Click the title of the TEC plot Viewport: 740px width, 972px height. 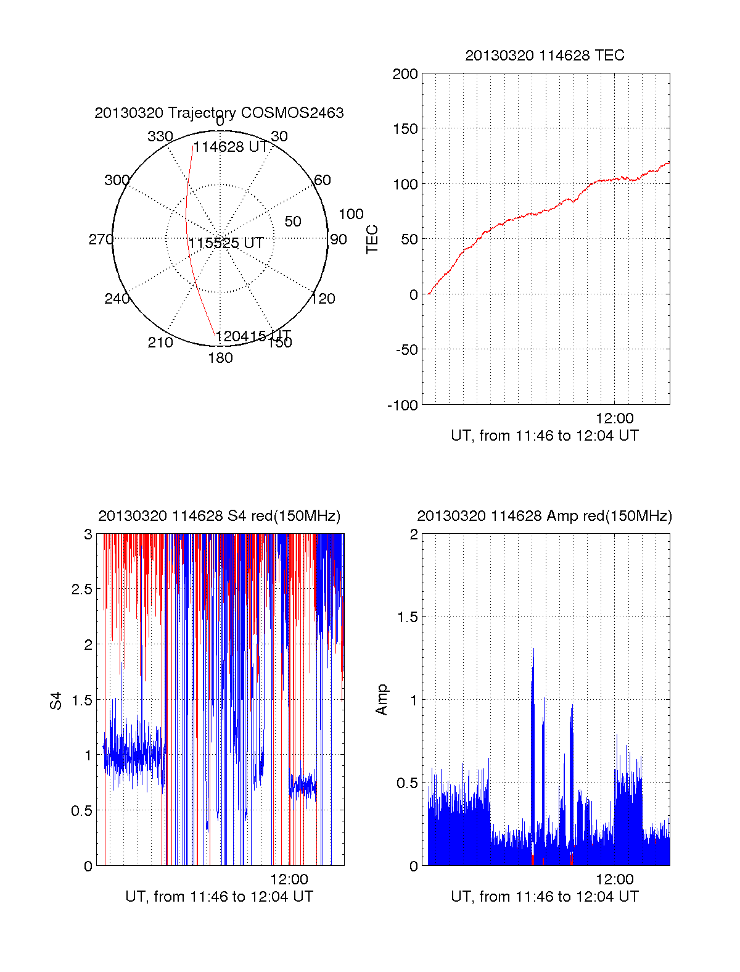[545, 56]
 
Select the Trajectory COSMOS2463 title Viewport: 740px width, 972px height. [219, 113]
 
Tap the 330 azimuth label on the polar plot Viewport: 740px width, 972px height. [160, 136]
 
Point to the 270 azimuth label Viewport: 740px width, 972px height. [101, 239]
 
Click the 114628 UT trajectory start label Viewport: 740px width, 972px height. [230, 147]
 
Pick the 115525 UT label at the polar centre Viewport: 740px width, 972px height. [226, 243]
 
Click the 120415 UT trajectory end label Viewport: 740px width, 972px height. [253, 336]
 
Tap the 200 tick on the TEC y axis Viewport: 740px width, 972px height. [405, 75]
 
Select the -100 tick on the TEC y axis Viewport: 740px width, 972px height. [402, 405]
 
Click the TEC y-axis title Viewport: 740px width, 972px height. [372, 239]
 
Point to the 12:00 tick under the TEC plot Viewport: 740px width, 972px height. [614, 418]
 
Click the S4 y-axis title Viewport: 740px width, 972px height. [56, 700]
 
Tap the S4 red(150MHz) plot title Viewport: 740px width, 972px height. [219, 516]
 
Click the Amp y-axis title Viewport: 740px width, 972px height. [382, 700]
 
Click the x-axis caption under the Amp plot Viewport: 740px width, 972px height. [545, 897]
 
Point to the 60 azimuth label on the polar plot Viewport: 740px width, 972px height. [323, 180]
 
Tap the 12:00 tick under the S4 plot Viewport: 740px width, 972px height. [289, 879]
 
